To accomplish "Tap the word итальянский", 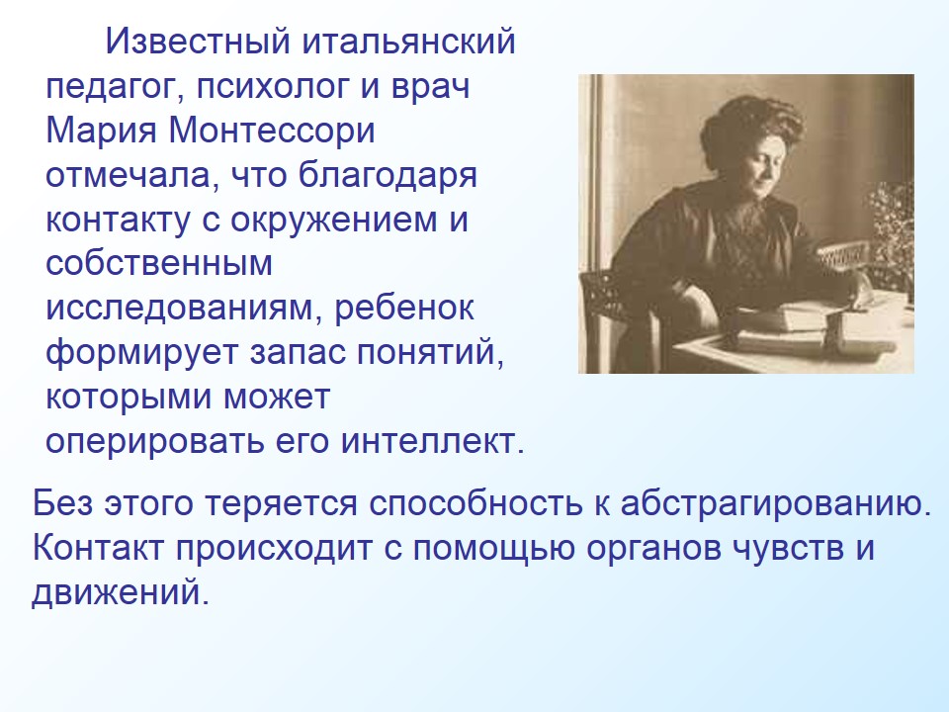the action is pos(408,43).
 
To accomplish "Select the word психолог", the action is pos(274,87).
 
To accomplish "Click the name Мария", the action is pos(101,132).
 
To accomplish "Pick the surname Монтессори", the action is pos(272,132).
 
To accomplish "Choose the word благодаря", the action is pos(388,176).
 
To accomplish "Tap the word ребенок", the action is pos(404,307).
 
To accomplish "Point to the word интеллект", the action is pos(432,441).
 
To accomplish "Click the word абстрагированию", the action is pos(776,504).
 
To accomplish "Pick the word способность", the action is pos(474,504).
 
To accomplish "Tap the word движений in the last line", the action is pos(121,593).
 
